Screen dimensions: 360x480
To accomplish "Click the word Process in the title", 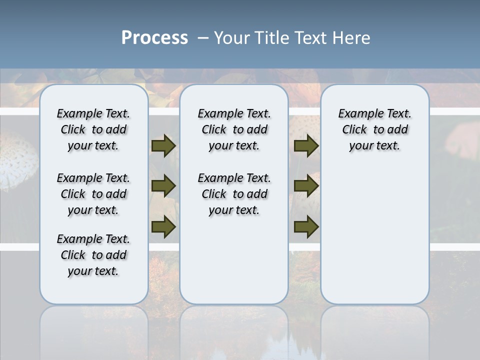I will pos(154,37).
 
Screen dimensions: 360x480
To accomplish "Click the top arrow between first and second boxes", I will pos(163,145).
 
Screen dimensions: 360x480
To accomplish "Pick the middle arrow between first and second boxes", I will pos(163,186).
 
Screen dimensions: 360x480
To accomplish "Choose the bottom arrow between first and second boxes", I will pos(163,226).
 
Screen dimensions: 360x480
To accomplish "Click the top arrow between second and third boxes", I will pos(306,145).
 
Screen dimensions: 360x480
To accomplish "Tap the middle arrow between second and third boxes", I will pos(306,186).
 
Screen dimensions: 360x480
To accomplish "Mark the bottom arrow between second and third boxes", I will pos(306,226).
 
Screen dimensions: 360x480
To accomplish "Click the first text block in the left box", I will pos(93,129).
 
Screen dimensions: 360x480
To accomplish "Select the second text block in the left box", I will pos(93,194).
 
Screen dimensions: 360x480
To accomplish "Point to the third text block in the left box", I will pos(93,255).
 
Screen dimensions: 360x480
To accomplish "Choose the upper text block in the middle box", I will pos(234,129).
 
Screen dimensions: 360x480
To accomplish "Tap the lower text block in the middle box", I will pos(234,194).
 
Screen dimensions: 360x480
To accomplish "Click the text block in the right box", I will pos(375,129).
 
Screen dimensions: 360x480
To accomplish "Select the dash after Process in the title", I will pos(202,38).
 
